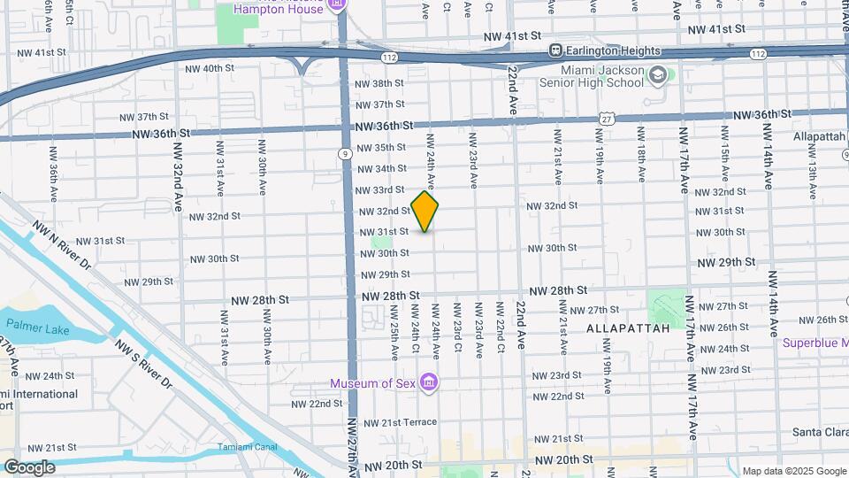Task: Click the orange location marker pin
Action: point(424,212)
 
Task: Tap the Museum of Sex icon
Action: point(429,382)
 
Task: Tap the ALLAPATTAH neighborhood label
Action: point(619,328)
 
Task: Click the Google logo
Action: point(28,466)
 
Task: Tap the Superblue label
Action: point(815,343)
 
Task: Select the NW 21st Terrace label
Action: point(395,422)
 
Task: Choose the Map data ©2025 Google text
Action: point(793,471)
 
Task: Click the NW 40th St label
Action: point(210,68)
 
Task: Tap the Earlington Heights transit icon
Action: point(556,50)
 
